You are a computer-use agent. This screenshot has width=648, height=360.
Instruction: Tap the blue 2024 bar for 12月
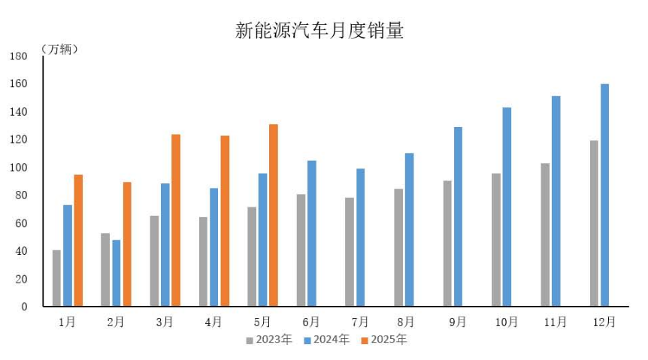604,195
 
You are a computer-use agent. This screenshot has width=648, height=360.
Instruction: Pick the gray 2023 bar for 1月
56,278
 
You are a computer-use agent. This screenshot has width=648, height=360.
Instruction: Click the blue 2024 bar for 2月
117,273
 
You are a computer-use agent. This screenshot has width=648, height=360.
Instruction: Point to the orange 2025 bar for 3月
176,220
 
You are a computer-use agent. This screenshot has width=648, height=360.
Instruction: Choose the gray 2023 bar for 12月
594,223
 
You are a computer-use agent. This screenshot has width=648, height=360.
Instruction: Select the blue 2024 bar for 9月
458,216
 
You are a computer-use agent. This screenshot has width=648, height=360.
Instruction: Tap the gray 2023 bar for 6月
301,250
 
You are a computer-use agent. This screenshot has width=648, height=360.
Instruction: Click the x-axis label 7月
360,322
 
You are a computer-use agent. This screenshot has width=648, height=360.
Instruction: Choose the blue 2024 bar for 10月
507,207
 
